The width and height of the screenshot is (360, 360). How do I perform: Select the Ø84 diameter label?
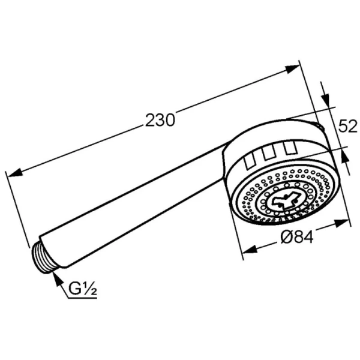tap(298, 237)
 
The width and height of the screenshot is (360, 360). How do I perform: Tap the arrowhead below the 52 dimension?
tap(343, 154)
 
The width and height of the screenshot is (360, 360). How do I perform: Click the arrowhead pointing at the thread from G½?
tap(57, 277)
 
